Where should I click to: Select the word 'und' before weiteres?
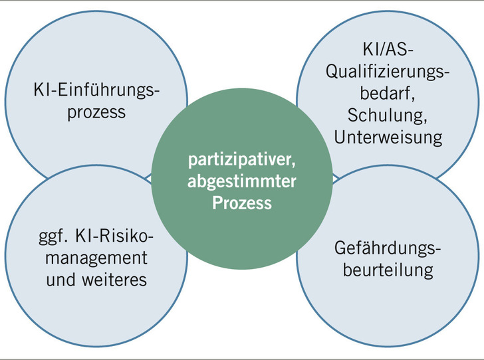60,280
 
